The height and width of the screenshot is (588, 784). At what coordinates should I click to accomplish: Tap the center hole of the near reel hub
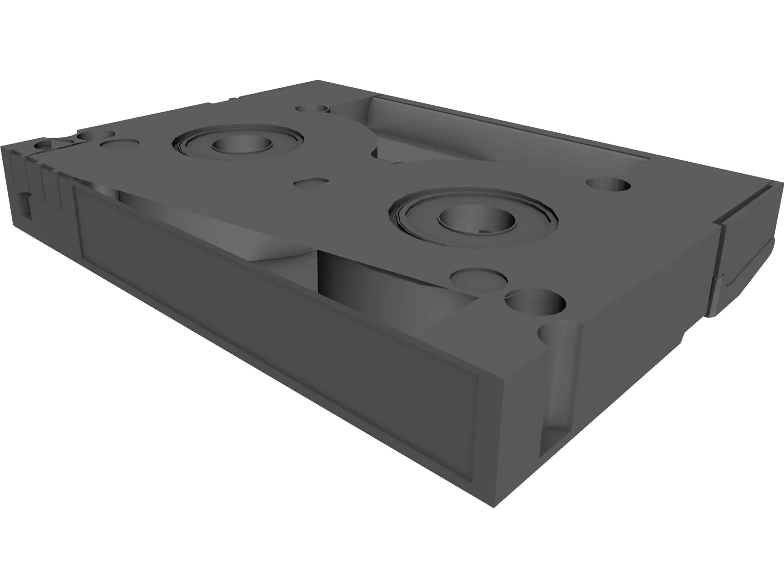pyautogui.click(x=476, y=220)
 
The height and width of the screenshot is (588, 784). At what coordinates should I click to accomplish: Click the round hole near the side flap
pyautogui.click(x=608, y=185)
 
